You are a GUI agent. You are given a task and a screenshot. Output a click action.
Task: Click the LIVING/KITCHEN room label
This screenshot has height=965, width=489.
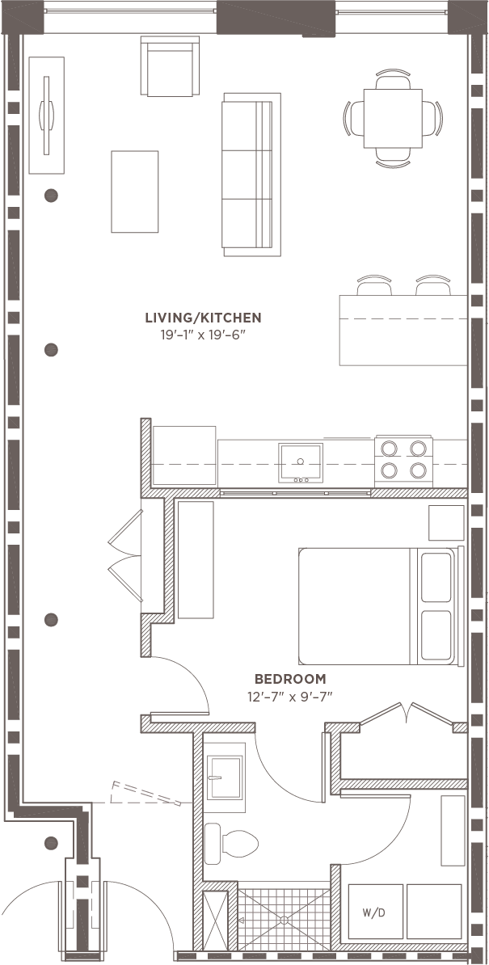pyautogui.click(x=203, y=318)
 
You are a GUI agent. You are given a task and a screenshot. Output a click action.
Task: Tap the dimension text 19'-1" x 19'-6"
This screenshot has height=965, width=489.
pyautogui.click(x=203, y=334)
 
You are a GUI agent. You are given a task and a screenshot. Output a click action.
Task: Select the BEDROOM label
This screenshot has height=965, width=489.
pyautogui.click(x=290, y=679)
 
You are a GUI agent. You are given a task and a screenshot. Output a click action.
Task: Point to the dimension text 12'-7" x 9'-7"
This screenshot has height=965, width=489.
pyautogui.click(x=290, y=696)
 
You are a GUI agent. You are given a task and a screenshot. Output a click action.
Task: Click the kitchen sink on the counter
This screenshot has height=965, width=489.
pyautogui.click(x=300, y=462)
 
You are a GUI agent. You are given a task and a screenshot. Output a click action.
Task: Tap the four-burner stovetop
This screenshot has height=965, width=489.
pyautogui.click(x=403, y=459)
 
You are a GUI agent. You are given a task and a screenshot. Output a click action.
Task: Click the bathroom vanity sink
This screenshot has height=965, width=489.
pyautogui.click(x=225, y=777)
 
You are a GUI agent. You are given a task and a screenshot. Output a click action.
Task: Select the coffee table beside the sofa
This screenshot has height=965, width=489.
pyautogui.click(x=135, y=192)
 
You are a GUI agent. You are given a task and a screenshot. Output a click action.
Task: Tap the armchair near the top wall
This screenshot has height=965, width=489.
pyautogui.click(x=169, y=66)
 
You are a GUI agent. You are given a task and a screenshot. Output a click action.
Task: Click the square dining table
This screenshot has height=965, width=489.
pyautogui.click(x=394, y=118)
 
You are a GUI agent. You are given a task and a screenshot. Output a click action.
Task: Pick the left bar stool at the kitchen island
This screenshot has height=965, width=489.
pyautogui.click(x=373, y=286)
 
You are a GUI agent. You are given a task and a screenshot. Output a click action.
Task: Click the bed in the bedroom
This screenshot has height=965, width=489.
pyautogui.click(x=376, y=606)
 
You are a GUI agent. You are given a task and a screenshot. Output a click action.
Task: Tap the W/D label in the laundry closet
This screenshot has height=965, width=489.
pyautogui.click(x=373, y=913)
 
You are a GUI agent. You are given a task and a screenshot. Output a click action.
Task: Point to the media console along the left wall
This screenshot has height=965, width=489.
pyautogui.click(x=46, y=115)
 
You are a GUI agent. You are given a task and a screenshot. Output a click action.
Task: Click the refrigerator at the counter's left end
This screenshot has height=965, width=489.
pyautogui.click(x=184, y=457)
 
